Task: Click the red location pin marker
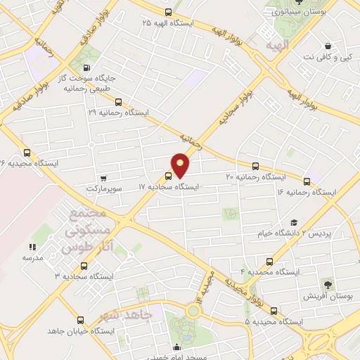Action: coord(181,165)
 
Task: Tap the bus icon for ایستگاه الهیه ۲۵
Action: coord(167,12)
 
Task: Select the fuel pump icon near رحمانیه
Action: coord(86,68)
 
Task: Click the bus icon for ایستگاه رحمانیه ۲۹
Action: coord(118,101)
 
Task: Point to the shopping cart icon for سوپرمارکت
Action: coord(104,178)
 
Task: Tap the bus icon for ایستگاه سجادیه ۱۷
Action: coord(169,176)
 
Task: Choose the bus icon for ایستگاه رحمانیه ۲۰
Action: coord(255,167)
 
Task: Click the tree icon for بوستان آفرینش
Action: coord(327,285)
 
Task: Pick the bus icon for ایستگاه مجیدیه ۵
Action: coord(274,311)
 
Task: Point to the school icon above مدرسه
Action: coord(32,247)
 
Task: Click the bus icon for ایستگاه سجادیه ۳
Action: coord(84,266)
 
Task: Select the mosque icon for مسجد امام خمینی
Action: coord(177,347)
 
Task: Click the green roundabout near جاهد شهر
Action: coord(192,310)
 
